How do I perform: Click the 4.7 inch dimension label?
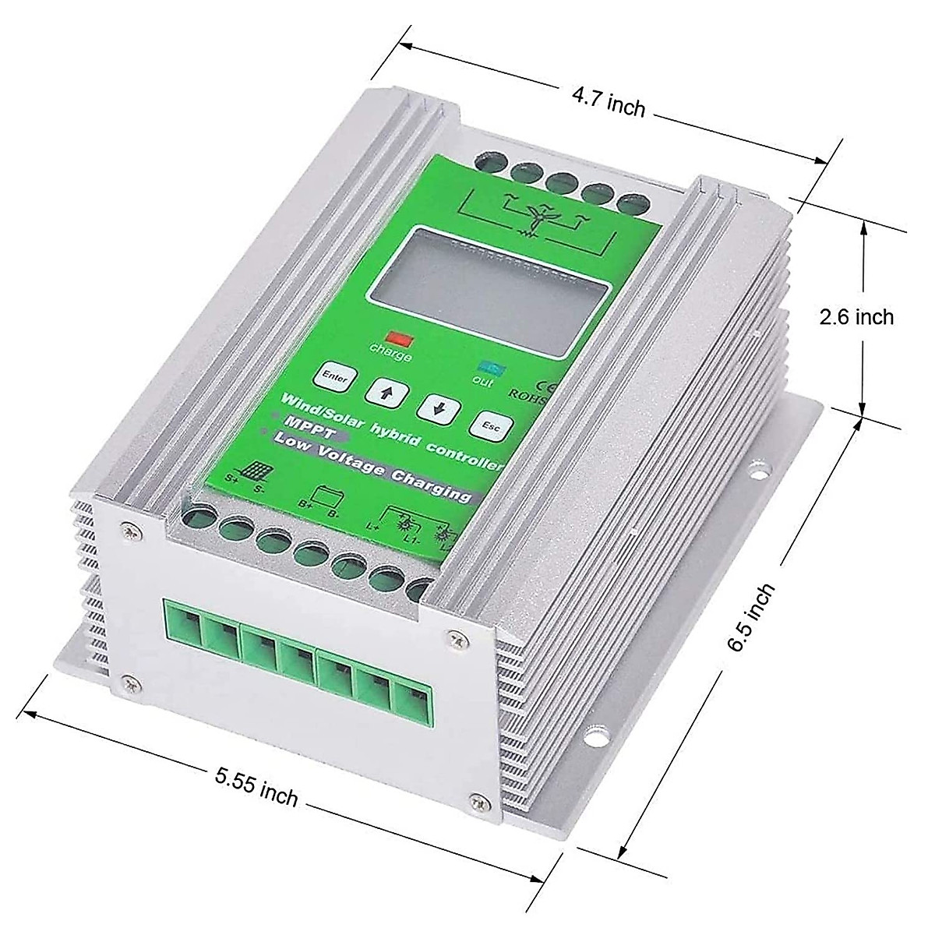point(609,102)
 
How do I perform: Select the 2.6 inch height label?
point(856,317)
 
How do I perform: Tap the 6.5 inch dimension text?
point(751,617)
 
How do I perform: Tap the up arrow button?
point(384,390)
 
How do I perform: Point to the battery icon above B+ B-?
point(323,496)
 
